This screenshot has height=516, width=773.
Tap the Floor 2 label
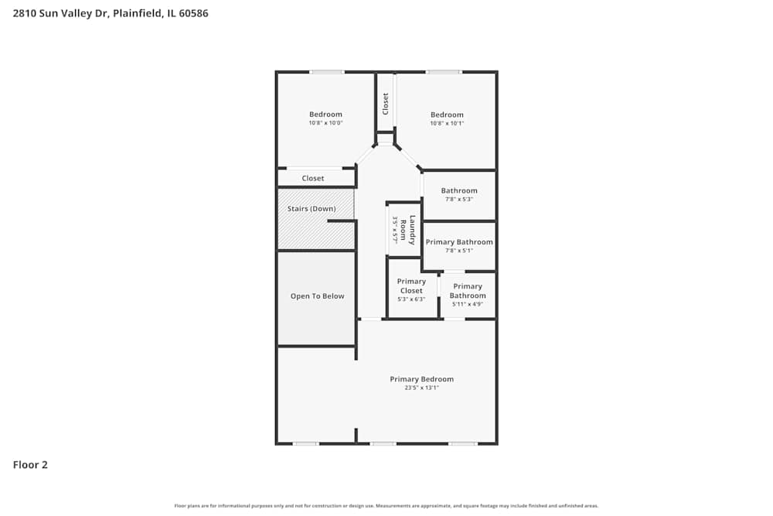pyautogui.click(x=30, y=465)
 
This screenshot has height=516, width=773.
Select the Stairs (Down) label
pyautogui.click(x=312, y=209)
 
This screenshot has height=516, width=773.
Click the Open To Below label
pyautogui.click(x=317, y=296)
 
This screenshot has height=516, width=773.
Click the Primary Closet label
pyautogui.click(x=411, y=286)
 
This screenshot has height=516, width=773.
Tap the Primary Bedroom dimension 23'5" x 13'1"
pyautogui.click(x=421, y=388)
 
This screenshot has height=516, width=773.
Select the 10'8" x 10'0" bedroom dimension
pyautogui.click(x=325, y=123)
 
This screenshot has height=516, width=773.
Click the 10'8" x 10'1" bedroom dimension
pyautogui.click(x=447, y=123)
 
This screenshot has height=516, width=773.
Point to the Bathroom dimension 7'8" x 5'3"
pyautogui.click(x=459, y=200)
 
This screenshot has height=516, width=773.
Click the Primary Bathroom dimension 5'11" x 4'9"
pyautogui.click(x=468, y=304)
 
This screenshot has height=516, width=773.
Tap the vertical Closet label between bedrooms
pyautogui.click(x=385, y=104)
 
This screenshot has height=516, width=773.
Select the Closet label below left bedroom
pyautogui.click(x=313, y=179)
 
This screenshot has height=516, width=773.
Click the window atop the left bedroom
pyautogui.click(x=327, y=73)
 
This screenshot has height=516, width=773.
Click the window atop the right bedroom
pyautogui.click(x=444, y=73)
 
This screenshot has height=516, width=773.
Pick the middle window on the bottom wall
pyautogui.click(x=383, y=443)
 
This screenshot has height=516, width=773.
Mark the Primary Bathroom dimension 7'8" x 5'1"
pyautogui.click(x=459, y=251)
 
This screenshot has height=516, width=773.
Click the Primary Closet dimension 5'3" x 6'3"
pyautogui.click(x=411, y=299)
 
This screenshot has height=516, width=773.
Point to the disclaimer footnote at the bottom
pyautogui.click(x=386, y=506)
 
